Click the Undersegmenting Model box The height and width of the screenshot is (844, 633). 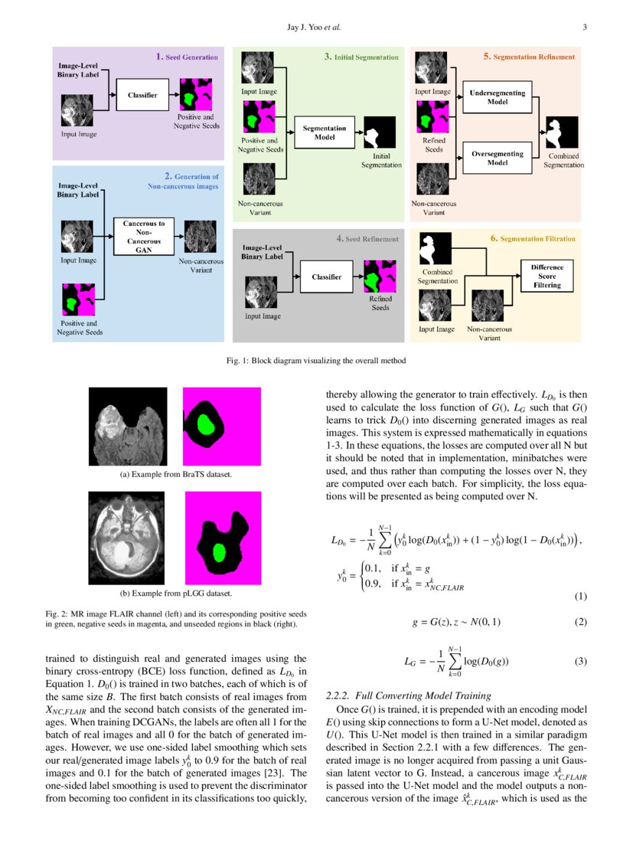pos(498,98)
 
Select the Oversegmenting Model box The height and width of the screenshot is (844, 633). pos(498,158)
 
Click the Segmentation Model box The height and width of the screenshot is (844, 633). pos(325,132)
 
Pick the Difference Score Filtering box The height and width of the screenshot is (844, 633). pos(547,276)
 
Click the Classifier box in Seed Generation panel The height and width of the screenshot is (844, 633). pos(136,96)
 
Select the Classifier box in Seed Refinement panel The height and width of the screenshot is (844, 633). pos(326,276)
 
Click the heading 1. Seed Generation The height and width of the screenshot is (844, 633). pos(187,57)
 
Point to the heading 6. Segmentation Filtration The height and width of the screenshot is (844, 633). pos(533,239)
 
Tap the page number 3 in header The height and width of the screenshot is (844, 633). pos(584,28)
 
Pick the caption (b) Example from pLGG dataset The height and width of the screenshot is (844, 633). pos(176,594)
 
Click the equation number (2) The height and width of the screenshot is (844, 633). pos(579,621)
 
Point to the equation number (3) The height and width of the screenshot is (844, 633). pos(579,662)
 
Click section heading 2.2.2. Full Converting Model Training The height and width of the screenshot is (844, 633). pos(408,695)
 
